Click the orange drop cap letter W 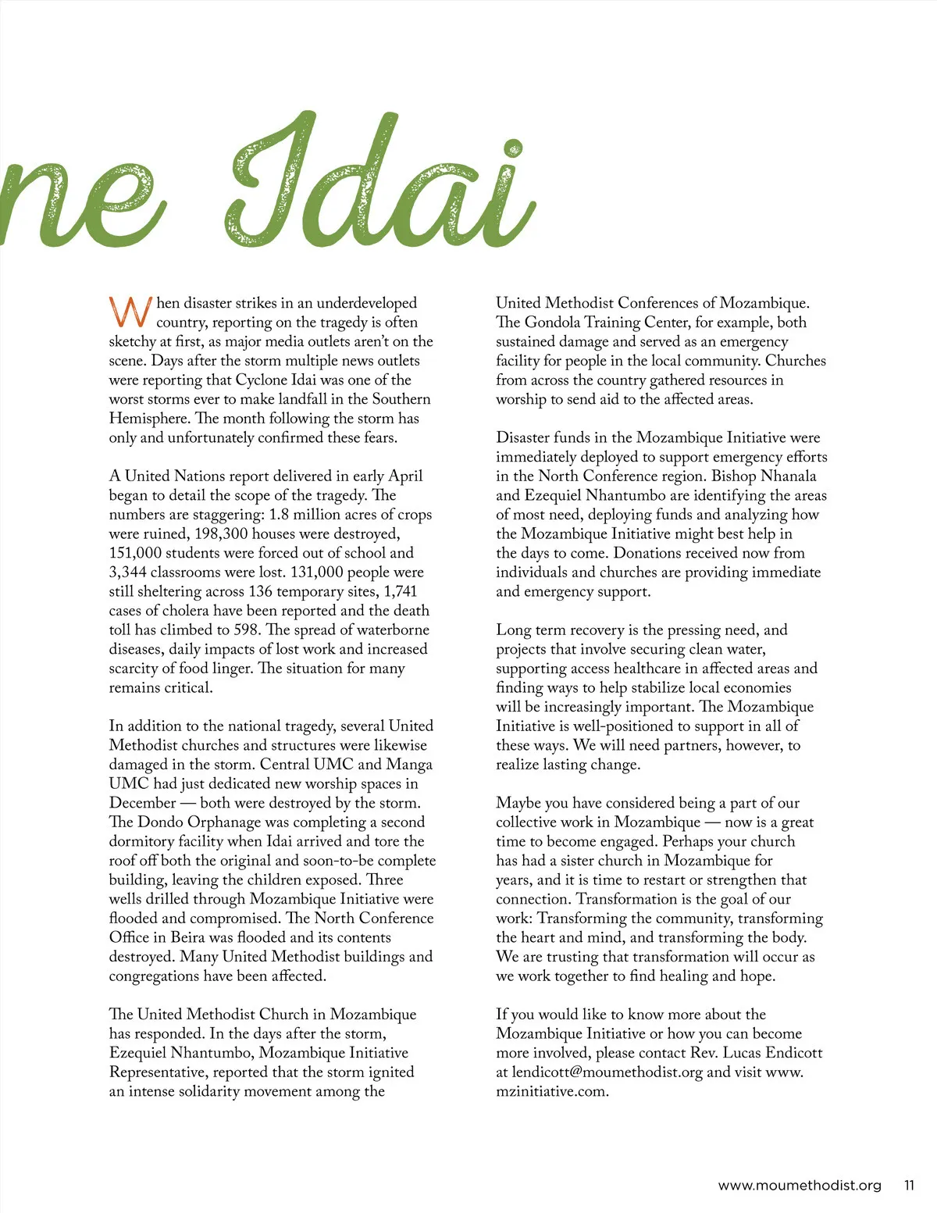click(x=130, y=312)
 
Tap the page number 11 click(x=909, y=1185)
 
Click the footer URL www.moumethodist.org click(x=799, y=1185)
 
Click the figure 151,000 click(x=136, y=553)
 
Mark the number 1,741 click(x=401, y=591)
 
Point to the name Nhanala click(x=788, y=476)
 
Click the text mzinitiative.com click(x=551, y=1091)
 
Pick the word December click(x=142, y=803)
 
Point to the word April click(x=405, y=476)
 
